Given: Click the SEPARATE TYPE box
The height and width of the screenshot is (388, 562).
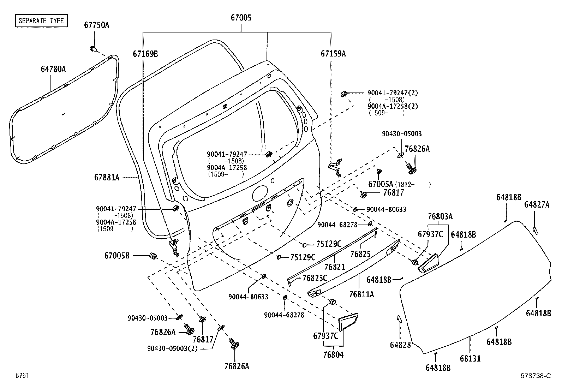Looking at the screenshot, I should pyautogui.click(x=41, y=20).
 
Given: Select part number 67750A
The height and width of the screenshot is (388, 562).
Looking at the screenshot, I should pyautogui.click(x=96, y=25).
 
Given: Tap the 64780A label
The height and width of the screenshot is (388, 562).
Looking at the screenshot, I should pyautogui.click(x=53, y=69).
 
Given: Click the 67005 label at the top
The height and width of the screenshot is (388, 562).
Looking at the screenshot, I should pyautogui.click(x=241, y=18).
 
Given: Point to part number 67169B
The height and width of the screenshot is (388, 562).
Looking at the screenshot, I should pyautogui.click(x=145, y=54).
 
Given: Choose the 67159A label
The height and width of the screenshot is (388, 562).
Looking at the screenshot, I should pyautogui.click(x=333, y=54).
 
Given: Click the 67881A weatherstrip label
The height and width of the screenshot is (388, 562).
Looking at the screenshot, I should pyautogui.click(x=107, y=178).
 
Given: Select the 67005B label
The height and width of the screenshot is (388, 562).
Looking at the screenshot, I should pyautogui.click(x=117, y=255).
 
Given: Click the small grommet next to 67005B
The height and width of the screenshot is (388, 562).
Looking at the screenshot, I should pyautogui.click(x=153, y=256).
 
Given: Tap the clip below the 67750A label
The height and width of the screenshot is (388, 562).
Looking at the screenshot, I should pyautogui.click(x=93, y=49).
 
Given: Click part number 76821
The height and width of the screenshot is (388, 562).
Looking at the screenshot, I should pyautogui.click(x=334, y=268).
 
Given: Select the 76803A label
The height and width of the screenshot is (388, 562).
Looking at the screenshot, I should pyautogui.click(x=440, y=216).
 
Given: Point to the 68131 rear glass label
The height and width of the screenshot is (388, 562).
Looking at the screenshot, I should pyautogui.click(x=470, y=358).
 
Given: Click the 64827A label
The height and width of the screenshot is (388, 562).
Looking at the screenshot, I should pyautogui.click(x=537, y=205).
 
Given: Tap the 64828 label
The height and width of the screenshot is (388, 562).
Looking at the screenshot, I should pyautogui.click(x=400, y=345).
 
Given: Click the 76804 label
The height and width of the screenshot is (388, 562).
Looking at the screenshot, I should pyautogui.click(x=333, y=354).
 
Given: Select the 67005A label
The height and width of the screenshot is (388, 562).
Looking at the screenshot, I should pyautogui.click(x=380, y=184).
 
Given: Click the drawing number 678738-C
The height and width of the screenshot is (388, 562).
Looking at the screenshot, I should pyautogui.click(x=535, y=376).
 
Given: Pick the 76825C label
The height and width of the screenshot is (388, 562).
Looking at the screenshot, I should pyautogui.click(x=315, y=278).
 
